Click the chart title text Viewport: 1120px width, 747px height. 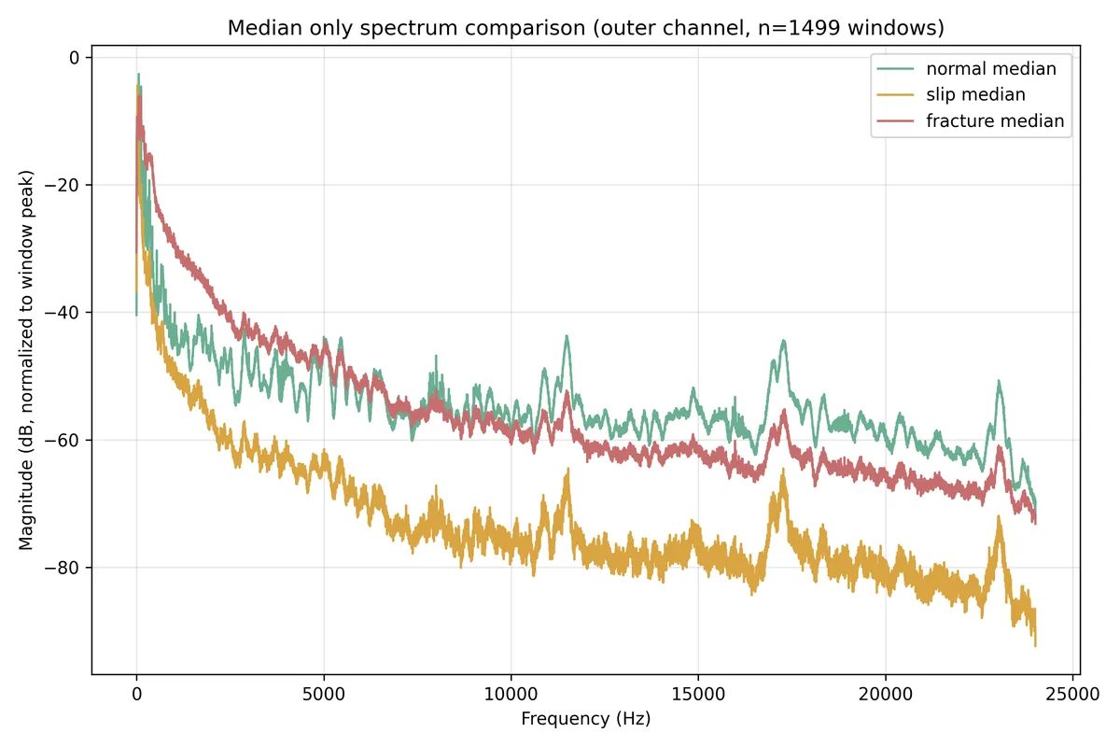coord(586,27)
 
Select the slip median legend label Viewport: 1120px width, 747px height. coord(975,94)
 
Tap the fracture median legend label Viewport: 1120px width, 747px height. coord(995,121)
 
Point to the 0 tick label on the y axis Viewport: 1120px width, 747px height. coord(74,58)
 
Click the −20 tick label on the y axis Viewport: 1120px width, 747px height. coord(62,185)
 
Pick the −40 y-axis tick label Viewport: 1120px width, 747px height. coord(62,313)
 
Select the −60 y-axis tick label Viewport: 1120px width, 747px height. coord(62,441)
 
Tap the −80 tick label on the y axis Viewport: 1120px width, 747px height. coord(62,568)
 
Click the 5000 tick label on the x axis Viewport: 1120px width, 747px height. coord(324,694)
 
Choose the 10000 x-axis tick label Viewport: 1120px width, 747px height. coord(511,694)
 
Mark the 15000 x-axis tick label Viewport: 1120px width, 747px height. coord(698,694)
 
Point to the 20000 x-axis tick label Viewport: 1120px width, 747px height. coord(886,694)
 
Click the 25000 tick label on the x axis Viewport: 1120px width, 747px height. coord(1072,694)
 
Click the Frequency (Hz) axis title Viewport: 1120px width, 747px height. coord(586,719)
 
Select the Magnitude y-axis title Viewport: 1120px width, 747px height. coord(26,360)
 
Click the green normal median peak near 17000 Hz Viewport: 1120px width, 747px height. coord(783,341)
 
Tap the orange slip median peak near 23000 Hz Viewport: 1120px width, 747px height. coord(999,516)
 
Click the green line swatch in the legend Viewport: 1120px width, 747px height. coord(895,68)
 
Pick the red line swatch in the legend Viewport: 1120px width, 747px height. coord(895,121)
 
